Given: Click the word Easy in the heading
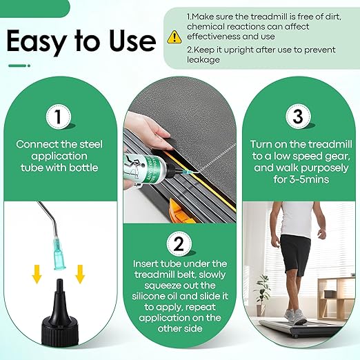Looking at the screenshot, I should tap(39, 42).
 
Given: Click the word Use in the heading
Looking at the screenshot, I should tap(128, 42).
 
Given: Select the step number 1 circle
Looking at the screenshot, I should tap(60, 117).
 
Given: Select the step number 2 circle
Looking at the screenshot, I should tap(179, 243).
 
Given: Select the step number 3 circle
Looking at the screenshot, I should tap(297, 117).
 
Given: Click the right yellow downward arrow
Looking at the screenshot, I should tap(81, 274).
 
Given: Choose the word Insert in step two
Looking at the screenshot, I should tap(150, 263).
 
